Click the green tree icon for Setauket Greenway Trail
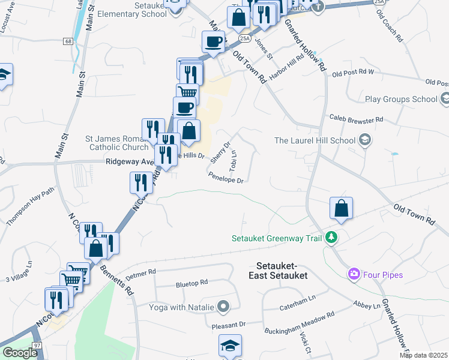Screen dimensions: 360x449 [x=330, y=238]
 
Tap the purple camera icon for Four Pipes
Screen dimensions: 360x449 [x=354, y=274]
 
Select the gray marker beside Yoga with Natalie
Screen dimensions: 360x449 [x=223, y=307]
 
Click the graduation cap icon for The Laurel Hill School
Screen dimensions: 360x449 [x=364, y=140]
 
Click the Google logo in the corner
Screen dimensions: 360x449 [x=20, y=353]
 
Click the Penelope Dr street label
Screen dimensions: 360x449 [x=226, y=178]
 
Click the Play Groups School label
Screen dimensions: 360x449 [x=400, y=99]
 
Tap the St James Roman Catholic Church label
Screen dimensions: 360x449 [x=118, y=142]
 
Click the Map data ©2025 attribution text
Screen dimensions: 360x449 [x=423, y=355]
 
